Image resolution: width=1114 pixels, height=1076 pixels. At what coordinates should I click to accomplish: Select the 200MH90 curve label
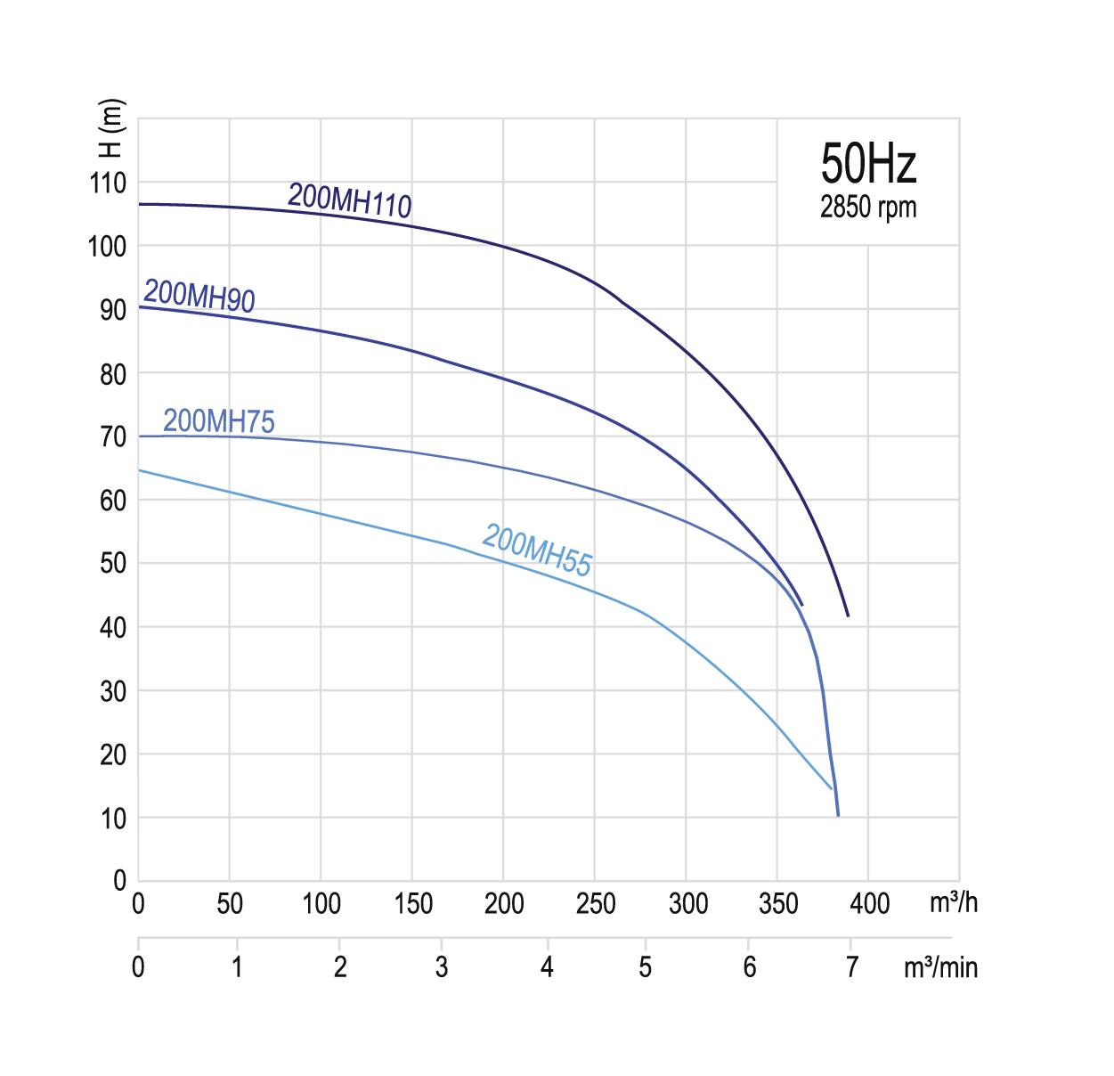tap(199, 296)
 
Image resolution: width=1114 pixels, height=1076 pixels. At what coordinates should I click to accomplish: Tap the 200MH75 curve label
tap(219, 421)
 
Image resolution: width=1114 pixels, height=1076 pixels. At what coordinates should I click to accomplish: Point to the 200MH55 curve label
tap(537, 550)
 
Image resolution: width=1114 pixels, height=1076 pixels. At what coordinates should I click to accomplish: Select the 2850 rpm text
tap(868, 208)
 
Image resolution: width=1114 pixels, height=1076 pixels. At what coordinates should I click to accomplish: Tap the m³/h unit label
tap(953, 902)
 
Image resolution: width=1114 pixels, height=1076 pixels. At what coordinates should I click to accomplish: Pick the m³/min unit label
tap(940, 967)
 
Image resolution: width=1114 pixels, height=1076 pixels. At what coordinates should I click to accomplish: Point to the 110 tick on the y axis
tap(108, 183)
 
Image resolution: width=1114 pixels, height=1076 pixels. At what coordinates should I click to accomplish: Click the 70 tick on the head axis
tap(112, 436)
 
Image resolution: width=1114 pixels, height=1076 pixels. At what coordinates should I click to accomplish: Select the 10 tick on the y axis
tap(112, 818)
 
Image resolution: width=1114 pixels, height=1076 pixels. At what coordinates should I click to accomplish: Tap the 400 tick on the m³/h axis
tap(868, 904)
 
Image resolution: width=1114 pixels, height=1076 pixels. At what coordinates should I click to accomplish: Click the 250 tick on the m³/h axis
tap(595, 904)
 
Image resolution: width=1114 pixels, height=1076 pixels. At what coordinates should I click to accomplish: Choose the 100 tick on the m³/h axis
tap(321, 904)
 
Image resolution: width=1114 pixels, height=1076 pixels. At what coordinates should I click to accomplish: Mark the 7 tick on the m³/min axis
tap(851, 967)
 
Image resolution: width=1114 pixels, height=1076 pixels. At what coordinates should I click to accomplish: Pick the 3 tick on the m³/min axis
tap(442, 967)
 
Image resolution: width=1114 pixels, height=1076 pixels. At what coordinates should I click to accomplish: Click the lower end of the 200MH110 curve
tap(848, 615)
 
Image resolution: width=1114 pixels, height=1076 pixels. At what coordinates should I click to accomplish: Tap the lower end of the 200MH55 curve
tap(832, 788)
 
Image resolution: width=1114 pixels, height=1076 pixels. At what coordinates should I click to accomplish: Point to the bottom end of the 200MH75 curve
tap(838, 814)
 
